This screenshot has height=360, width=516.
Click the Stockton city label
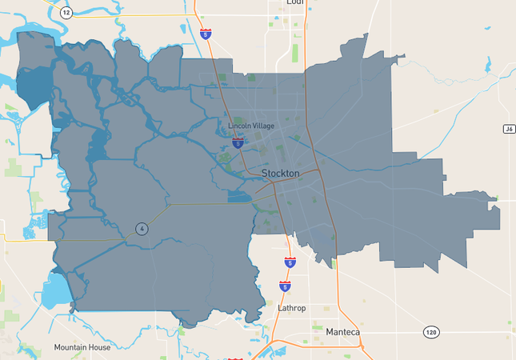pyautogui.click(x=281, y=173)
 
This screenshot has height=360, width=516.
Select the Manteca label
pyautogui.click(x=343, y=331)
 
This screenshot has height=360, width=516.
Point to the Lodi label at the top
pyautogui.click(x=295, y=2)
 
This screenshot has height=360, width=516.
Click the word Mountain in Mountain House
pyautogui.click(x=70, y=347)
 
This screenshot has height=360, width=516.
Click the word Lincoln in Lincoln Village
pyautogui.click(x=239, y=126)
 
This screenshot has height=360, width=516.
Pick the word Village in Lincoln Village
pyautogui.click(x=263, y=126)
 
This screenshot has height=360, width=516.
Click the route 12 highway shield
pyautogui.click(x=66, y=12)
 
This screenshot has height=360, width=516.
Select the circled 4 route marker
pyautogui.click(x=141, y=229)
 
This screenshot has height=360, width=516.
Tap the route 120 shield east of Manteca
pyautogui.click(x=430, y=330)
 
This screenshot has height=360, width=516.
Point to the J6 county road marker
pyautogui.click(x=509, y=128)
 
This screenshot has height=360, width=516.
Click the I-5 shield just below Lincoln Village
pyautogui.click(x=238, y=142)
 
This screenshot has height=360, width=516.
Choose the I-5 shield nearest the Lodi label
pyautogui.click(x=206, y=34)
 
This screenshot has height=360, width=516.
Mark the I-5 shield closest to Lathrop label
pyautogui.click(x=285, y=286)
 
